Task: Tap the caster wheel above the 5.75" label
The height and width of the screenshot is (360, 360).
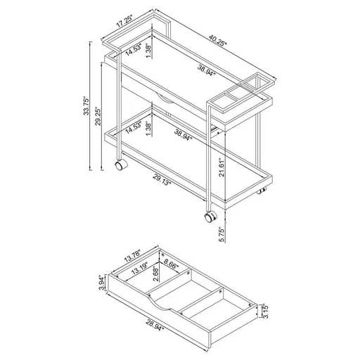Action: (210, 217)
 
